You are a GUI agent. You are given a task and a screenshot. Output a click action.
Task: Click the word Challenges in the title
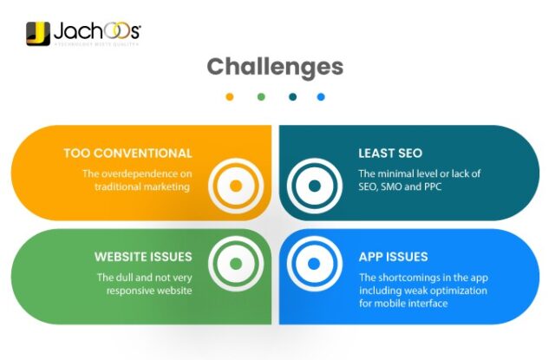(x=275, y=67)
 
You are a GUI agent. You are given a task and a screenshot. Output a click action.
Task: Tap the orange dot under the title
(x=229, y=97)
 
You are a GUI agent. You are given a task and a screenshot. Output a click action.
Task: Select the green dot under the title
(x=260, y=97)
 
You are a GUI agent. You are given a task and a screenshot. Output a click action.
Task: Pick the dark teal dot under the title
(x=292, y=97)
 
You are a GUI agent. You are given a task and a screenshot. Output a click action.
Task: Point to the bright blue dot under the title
(x=322, y=97)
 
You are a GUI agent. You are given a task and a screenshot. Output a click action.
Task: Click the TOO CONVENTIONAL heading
(x=127, y=154)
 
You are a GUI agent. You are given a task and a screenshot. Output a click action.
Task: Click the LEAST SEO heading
(x=390, y=154)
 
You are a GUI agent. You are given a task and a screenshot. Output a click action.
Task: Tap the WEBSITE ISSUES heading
(x=143, y=257)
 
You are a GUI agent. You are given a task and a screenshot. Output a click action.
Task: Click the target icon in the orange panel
(x=235, y=185)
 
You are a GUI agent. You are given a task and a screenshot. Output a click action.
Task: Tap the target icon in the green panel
(x=235, y=262)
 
